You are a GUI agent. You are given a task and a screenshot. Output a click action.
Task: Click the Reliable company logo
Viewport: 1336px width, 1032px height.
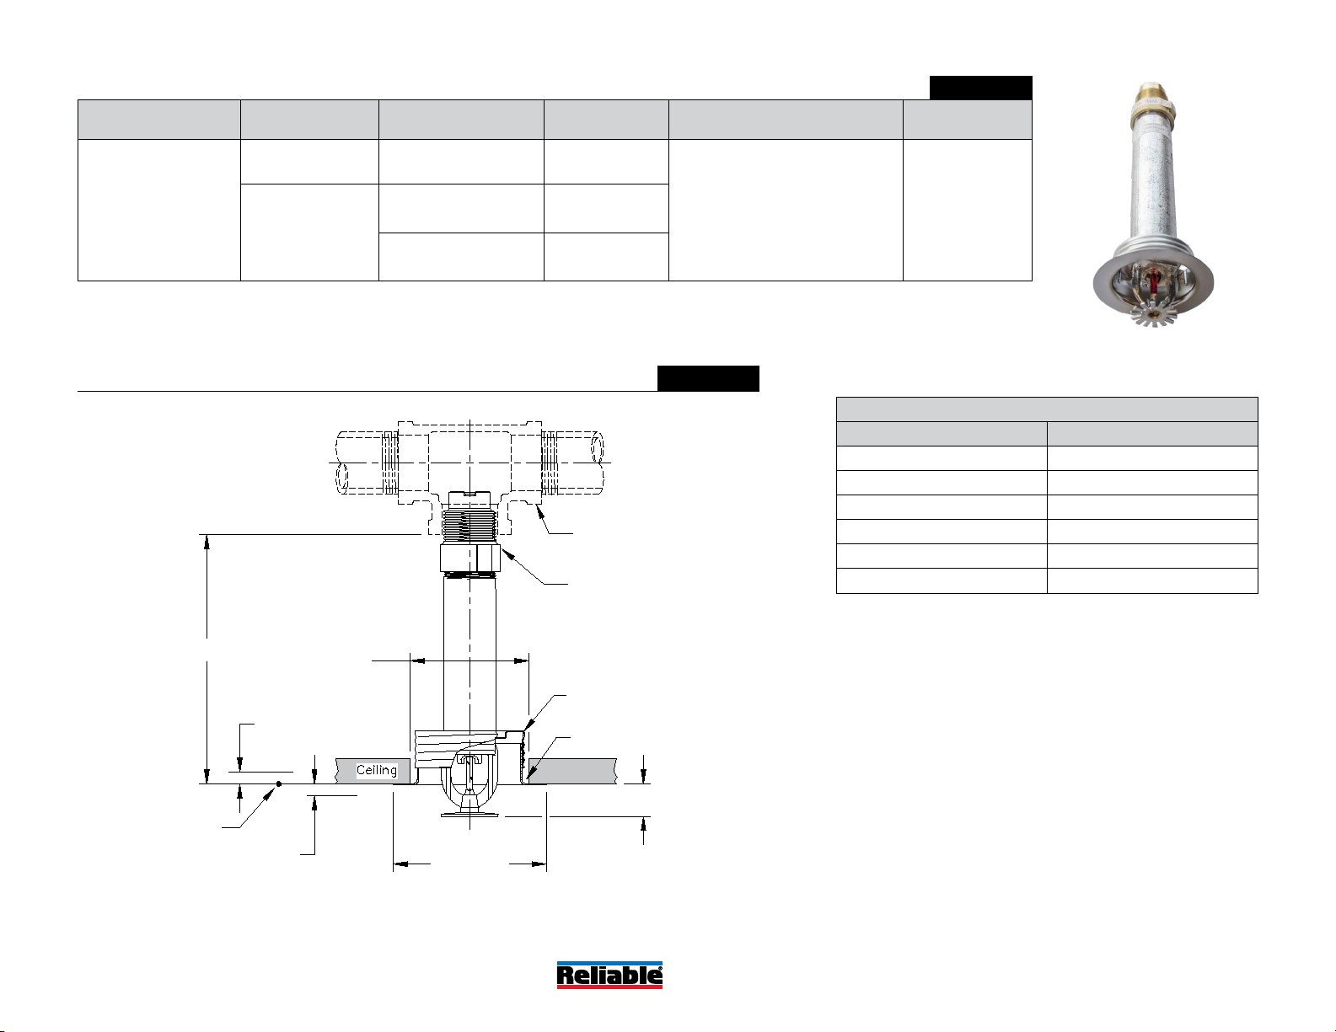click(x=609, y=975)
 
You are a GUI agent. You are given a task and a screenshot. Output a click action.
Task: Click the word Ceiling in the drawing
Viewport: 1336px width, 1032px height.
click(x=376, y=770)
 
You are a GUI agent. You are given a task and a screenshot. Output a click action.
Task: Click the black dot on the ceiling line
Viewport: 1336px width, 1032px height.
click(x=278, y=783)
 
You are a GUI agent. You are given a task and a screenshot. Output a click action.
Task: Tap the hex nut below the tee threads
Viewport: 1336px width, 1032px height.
click(x=470, y=558)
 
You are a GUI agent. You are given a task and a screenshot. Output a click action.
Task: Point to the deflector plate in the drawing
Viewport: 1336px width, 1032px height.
click(x=469, y=815)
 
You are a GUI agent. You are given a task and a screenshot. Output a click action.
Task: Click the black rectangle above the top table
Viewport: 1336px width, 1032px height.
click(x=980, y=88)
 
